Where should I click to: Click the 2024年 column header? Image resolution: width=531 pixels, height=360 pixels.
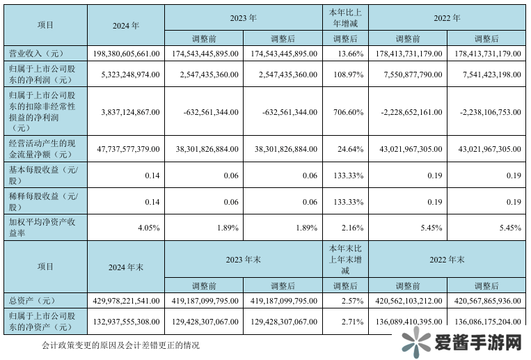click(x=125, y=24)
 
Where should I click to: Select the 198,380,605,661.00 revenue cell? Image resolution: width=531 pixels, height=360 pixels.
click(x=126, y=53)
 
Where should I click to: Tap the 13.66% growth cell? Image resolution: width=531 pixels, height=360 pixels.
click(x=346, y=53)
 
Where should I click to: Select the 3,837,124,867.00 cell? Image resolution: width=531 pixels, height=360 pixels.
click(x=126, y=111)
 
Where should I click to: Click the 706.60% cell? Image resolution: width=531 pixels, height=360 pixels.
click(x=346, y=111)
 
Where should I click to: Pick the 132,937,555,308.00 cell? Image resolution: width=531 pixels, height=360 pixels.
click(x=126, y=321)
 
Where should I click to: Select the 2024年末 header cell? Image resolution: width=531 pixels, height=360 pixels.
click(x=125, y=267)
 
